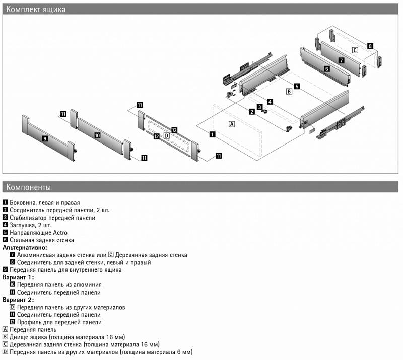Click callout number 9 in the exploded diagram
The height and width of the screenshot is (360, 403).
45,138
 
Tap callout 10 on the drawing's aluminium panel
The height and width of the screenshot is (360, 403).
97,135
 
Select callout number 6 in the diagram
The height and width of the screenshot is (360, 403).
327,68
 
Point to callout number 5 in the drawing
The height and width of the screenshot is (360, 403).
297,86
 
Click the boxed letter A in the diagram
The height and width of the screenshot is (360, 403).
232,124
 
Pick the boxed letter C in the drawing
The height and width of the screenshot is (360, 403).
355,50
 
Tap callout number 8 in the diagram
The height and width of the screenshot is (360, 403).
370,46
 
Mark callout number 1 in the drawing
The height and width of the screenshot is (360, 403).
213,134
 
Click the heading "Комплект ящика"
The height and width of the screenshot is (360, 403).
36,9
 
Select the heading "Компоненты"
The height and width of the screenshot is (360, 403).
28,187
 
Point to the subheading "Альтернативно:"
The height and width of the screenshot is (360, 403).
25,247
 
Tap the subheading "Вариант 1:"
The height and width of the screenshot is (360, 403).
18,277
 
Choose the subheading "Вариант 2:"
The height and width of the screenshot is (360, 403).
18,300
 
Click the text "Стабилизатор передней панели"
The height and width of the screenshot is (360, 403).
52,218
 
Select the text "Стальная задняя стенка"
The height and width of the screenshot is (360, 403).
42,240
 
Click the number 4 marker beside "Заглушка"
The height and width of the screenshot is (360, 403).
5,225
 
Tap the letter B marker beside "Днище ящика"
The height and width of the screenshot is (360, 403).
5,337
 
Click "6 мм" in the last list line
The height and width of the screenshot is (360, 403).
184,352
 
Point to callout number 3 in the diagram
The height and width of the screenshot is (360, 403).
259,107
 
